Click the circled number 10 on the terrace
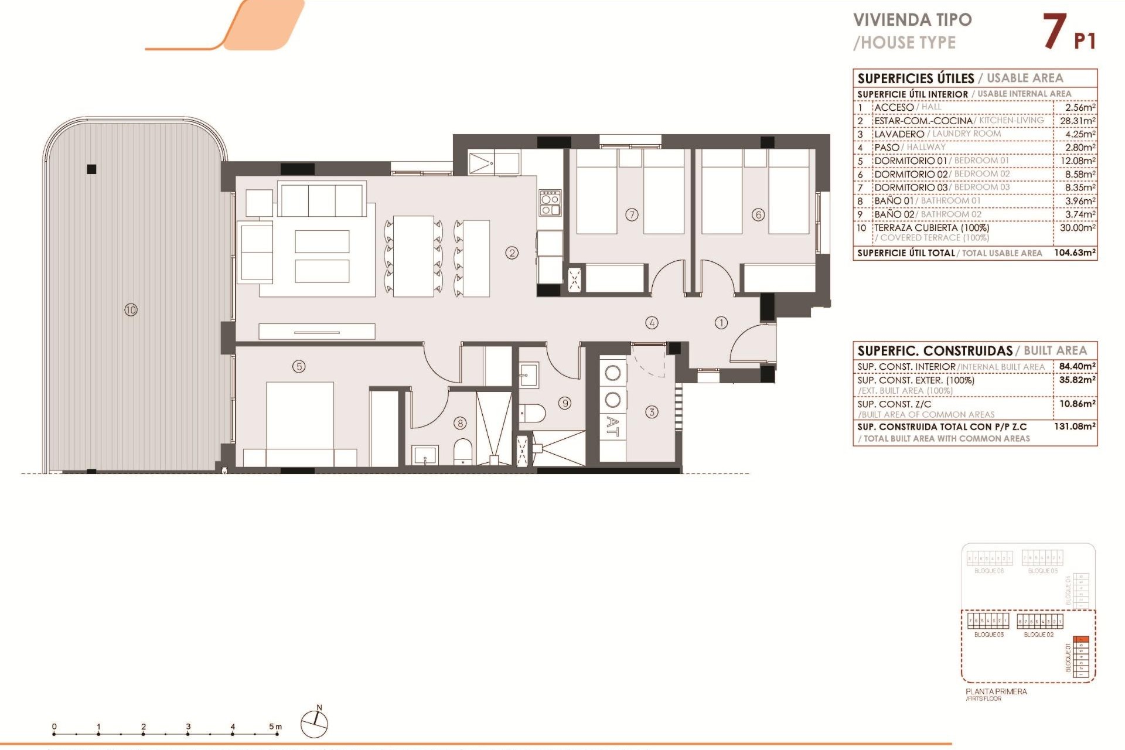click(x=131, y=309)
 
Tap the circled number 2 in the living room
click(x=512, y=253)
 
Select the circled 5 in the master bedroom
click(x=299, y=366)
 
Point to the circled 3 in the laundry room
click(x=652, y=412)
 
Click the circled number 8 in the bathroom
click(x=461, y=422)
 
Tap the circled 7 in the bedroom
click(x=632, y=214)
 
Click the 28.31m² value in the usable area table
click(x=1077, y=121)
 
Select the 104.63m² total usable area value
click(x=1075, y=253)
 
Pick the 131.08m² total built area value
click(x=1075, y=427)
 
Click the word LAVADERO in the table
click(x=899, y=134)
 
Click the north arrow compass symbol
click(x=315, y=723)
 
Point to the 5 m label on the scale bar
click(x=275, y=727)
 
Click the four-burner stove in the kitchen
click(x=550, y=202)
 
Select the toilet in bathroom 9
click(x=532, y=413)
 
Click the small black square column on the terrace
click(x=91, y=169)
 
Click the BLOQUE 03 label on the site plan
click(x=988, y=635)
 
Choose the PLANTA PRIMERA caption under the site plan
click(x=996, y=691)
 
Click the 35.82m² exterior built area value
click(x=1077, y=380)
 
